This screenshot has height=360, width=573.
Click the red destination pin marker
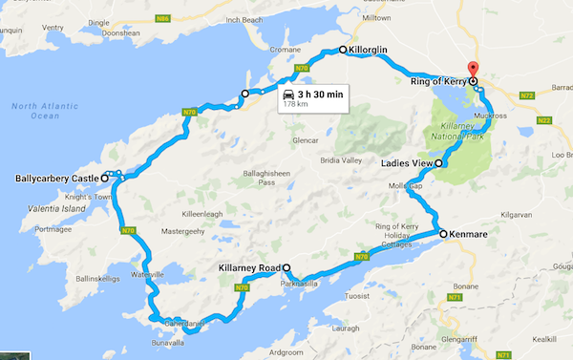(x=472, y=70)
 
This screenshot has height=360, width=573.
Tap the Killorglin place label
(x=372, y=49)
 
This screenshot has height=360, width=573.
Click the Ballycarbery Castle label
(x=56, y=179)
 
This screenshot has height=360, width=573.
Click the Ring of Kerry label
(x=435, y=81)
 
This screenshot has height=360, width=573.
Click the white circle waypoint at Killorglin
(x=343, y=49)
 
